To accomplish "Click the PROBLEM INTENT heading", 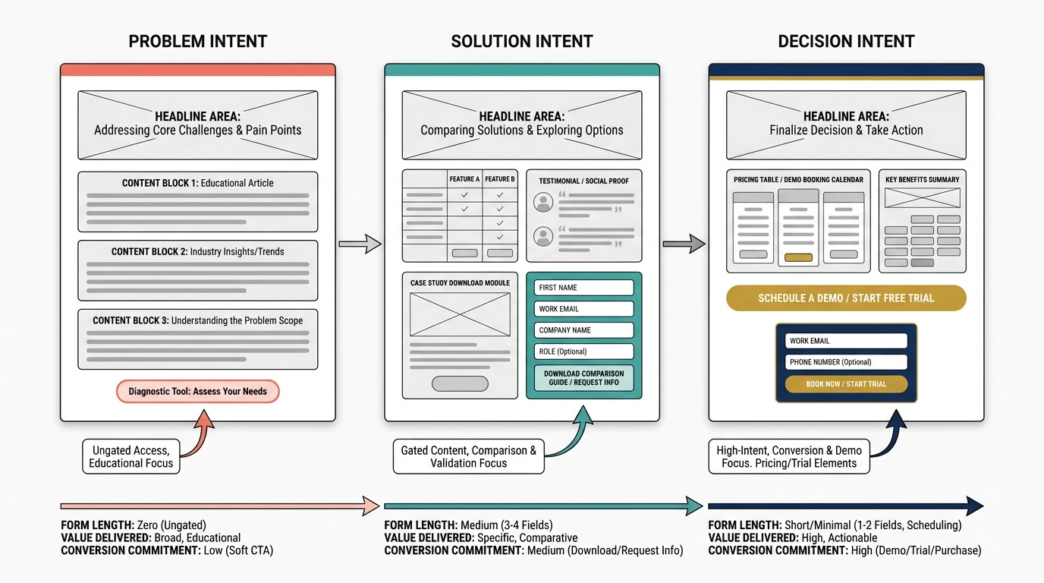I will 197,42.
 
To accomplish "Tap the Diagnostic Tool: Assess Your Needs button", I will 197,392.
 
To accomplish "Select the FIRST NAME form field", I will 583,288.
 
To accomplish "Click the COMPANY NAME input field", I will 583,330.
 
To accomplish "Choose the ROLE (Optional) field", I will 583,351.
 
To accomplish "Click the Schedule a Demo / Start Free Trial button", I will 846,298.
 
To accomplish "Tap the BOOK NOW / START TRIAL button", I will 846,384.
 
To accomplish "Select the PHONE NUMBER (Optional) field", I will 846,362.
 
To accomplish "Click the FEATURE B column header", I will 500,179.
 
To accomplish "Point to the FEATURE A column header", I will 464,179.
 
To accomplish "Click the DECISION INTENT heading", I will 846,42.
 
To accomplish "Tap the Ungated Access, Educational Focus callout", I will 130,456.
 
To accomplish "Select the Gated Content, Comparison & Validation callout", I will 468,456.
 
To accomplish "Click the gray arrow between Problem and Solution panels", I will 360,244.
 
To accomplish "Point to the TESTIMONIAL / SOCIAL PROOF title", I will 583,181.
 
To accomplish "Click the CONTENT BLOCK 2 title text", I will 197,251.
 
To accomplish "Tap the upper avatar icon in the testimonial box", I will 542,202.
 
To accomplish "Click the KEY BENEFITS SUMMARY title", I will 922,180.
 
